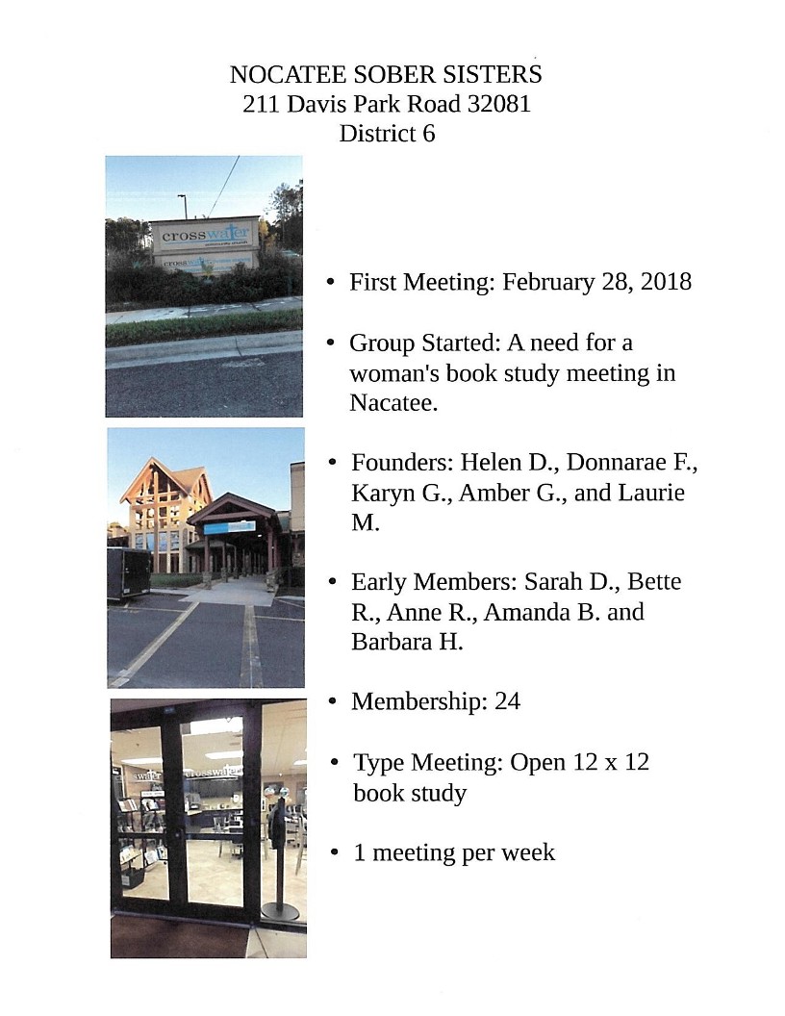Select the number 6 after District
pyautogui.click(x=428, y=134)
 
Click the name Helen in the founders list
pyautogui.click(x=490, y=462)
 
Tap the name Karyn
pyautogui.click(x=382, y=493)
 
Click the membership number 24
pyautogui.click(x=507, y=701)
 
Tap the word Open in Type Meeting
pyautogui.click(x=537, y=763)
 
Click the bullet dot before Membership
pyautogui.click(x=332, y=702)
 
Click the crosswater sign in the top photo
pyautogui.click(x=205, y=236)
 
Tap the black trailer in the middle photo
pyautogui.click(x=128, y=572)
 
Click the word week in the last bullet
pyautogui.click(x=532, y=852)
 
